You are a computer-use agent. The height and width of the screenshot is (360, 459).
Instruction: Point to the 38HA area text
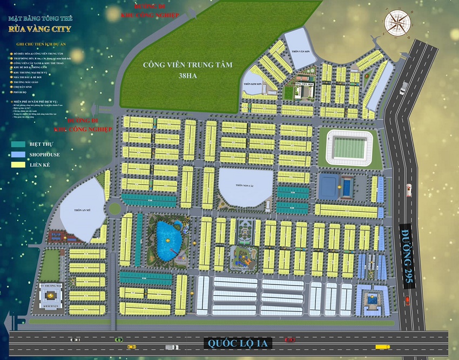[x=187, y=76]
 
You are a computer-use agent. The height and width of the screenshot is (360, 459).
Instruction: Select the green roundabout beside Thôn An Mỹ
[x=114, y=208]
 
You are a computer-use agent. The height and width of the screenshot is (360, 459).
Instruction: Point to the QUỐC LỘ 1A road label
[x=241, y=342]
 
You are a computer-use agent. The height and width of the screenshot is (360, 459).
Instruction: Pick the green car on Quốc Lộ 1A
[x=118, y=339]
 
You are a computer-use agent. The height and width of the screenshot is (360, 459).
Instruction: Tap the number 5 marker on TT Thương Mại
[x=50, y=295]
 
